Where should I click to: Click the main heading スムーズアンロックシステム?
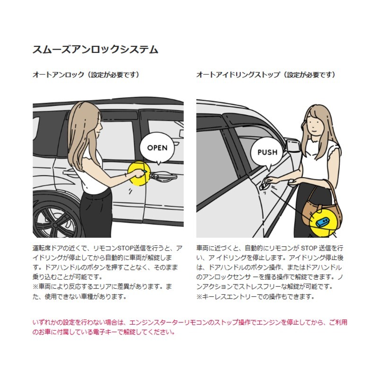[x=95, y=50]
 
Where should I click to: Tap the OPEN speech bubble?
[x=157, y=147]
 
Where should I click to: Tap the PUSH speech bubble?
[x=267, y=152]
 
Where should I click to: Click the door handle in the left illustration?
[x=164, y=176]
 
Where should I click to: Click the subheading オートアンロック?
[x=58, y=75]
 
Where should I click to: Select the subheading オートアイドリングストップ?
[x=238, y=75]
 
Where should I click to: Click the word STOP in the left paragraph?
[x=125, y=248]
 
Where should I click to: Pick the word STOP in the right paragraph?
[x=309, y=248]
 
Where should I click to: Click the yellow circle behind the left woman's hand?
[x=139, y=173]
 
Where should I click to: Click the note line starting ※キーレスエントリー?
[x=255, y=297]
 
